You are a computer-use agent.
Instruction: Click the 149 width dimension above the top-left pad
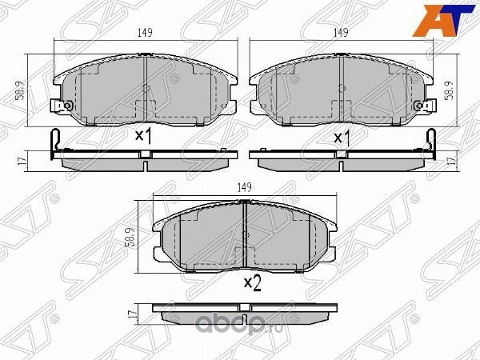coord(145,33)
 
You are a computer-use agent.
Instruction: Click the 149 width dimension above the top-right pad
coord(342,33)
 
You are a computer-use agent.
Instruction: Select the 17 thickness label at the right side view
coord(451,161)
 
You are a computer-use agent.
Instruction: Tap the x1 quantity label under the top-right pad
coord(342,137)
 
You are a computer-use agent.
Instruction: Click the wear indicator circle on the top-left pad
coord(68,106)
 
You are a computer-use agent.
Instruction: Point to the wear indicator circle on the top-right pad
coord(421,106)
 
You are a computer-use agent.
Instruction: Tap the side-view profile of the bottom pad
coord(243,310)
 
